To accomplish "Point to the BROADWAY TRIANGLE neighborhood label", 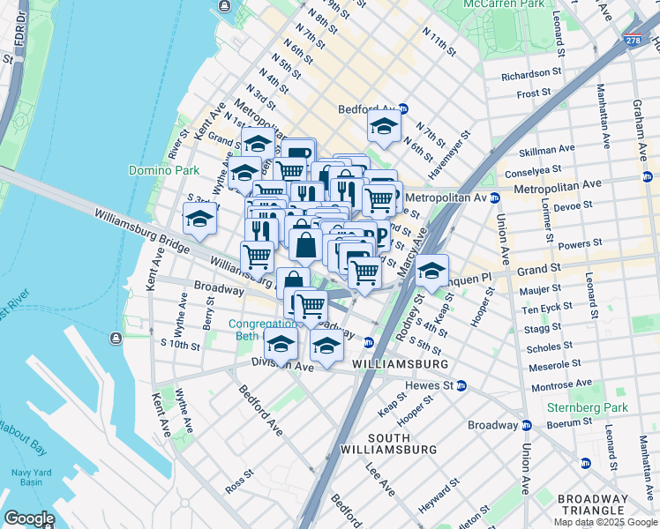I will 592,505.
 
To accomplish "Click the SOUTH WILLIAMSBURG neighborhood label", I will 401,443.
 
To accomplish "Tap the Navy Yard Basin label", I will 27,477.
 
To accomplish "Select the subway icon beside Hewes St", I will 461,385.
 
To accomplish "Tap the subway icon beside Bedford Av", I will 403,109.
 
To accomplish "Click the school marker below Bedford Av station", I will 384,128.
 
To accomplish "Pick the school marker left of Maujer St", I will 431,270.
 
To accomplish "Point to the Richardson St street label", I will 531,75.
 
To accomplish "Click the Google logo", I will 29,518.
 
